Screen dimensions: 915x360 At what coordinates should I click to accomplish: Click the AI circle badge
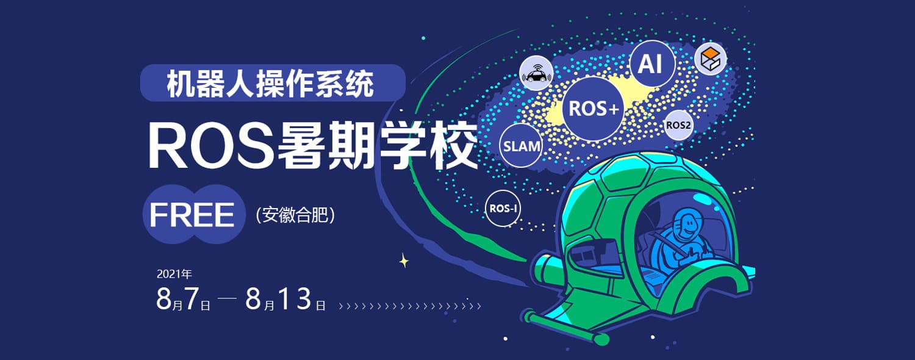(652, 63)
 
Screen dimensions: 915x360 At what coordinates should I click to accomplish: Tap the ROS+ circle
(593, 109)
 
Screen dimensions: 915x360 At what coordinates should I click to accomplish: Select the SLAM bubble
(521, 146)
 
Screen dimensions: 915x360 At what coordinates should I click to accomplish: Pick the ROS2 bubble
(678, 125)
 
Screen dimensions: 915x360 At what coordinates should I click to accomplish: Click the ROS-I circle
(503, 209)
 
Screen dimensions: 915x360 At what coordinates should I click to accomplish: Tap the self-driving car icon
(536, 74)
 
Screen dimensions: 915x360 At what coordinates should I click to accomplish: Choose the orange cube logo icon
(711, 59)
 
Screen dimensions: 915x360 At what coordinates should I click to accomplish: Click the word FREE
(192, 215)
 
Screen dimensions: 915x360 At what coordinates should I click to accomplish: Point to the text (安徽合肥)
(295, 215)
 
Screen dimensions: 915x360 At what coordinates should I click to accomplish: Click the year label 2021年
(174, 274)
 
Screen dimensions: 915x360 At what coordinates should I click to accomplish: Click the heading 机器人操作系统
(270, 84)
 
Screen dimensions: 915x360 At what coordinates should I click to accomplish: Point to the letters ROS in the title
(211, 146)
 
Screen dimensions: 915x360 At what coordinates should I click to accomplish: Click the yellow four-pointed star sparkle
(404, 261)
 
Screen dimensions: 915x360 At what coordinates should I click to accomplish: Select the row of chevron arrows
(410, 306)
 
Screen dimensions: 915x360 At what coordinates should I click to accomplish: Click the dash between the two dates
(227, 298)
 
